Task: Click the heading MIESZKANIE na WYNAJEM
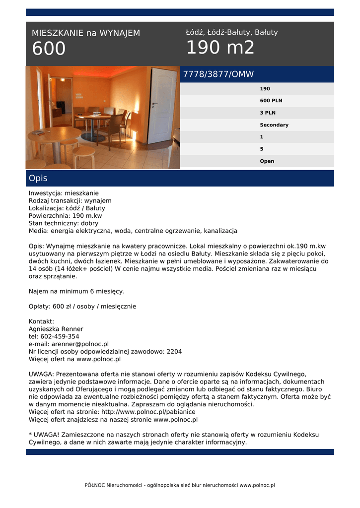(x=86, y=33)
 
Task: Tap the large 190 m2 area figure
(x=220, y=48)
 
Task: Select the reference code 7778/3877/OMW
(x=218, y=74)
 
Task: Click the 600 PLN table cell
(x=271, y=101)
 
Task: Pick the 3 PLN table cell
(x=268, y=113)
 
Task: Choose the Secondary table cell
(x=274, y=125)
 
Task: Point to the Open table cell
(x=267, y=161)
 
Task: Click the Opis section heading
(x=38, y=178)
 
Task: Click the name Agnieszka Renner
(x=56, y=329)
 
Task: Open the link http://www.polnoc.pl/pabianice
(x=148, y=412)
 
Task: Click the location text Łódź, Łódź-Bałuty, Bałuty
(x=232, y=32)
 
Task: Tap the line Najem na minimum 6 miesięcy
(x=76, y=291)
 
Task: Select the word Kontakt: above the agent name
(x=41, y=321)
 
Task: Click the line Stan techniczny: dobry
(x=64, y=223)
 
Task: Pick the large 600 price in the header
(x=49, y=49)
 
